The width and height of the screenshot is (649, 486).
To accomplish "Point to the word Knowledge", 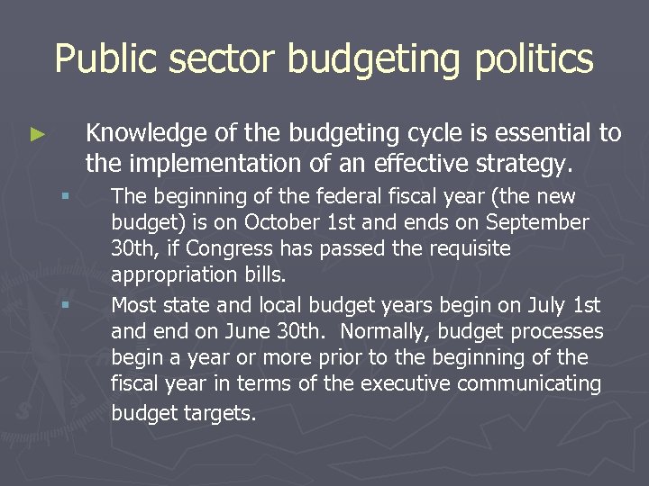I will (x=144, y=133).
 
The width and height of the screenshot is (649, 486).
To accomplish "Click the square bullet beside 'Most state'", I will (x=64, y=306).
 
